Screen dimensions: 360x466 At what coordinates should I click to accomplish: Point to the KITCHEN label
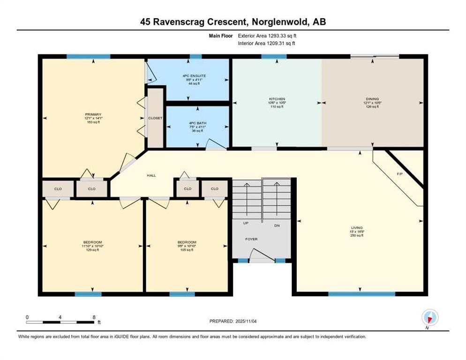coord(277,99)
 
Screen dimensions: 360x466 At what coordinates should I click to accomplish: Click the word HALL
coord(151,175)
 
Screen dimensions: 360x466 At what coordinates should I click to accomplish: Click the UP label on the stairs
coord(245,223)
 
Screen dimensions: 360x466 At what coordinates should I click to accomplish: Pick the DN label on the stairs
coord(277,225)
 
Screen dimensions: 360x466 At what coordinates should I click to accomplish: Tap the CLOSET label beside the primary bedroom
coord(155,118)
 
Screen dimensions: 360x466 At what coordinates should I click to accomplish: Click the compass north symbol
coord(429,318)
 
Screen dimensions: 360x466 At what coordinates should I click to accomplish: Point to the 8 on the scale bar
coord(94,317)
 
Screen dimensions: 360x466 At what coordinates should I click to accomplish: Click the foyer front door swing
coord(258,255)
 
